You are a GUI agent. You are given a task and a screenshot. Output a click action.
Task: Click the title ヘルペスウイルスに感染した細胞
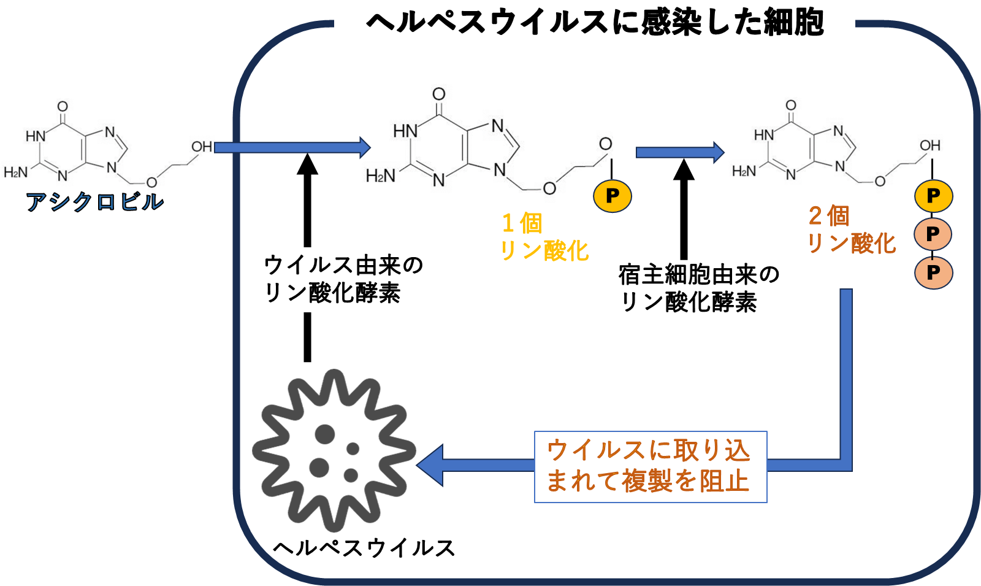594,23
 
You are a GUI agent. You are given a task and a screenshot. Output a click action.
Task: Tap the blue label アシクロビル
94,201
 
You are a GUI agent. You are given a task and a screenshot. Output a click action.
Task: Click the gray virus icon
334,450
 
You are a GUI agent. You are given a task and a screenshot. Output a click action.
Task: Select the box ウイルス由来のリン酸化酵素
364,279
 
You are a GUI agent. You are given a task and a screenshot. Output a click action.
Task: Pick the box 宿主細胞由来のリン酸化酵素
704,288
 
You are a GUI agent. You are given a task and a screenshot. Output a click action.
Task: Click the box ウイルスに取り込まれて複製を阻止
650,466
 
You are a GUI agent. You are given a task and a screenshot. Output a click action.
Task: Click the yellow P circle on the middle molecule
612,196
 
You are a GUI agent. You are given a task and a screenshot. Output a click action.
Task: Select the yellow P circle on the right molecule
933,196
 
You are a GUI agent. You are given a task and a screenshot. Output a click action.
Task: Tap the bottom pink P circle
933,272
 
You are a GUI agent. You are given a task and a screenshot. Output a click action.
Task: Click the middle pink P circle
933,234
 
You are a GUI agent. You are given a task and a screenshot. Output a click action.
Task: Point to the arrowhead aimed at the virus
431,465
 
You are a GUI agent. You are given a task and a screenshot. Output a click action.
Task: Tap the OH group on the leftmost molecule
202,147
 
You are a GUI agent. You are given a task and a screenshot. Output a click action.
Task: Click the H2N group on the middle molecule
380,177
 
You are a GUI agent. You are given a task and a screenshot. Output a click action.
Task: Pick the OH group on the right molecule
929,145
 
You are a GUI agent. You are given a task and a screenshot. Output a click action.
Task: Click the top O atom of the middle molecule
438,94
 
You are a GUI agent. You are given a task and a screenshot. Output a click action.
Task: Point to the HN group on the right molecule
764,134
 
